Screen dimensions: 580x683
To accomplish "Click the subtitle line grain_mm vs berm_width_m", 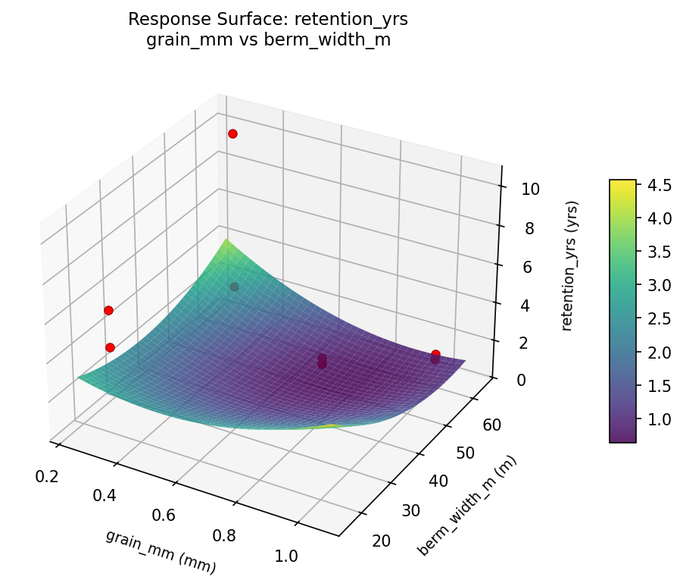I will coord(268,40).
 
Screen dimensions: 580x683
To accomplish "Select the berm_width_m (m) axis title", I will coord(467,506).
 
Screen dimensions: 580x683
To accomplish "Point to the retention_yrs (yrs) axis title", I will coord(573,265).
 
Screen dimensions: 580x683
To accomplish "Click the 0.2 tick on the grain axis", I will coord(48,475).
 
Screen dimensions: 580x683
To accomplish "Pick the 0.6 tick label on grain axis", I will coord(163,516).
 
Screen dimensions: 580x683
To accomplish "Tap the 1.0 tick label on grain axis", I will coord(286,556).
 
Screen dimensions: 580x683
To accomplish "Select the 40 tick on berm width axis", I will coord(422,481).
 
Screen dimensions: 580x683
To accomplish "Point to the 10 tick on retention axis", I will coord(530,189).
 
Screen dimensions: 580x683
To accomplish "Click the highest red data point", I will coord(232,133).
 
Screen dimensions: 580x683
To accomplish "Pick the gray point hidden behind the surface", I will coord(234,287).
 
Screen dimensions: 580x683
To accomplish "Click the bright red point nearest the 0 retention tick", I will coord(435,354).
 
